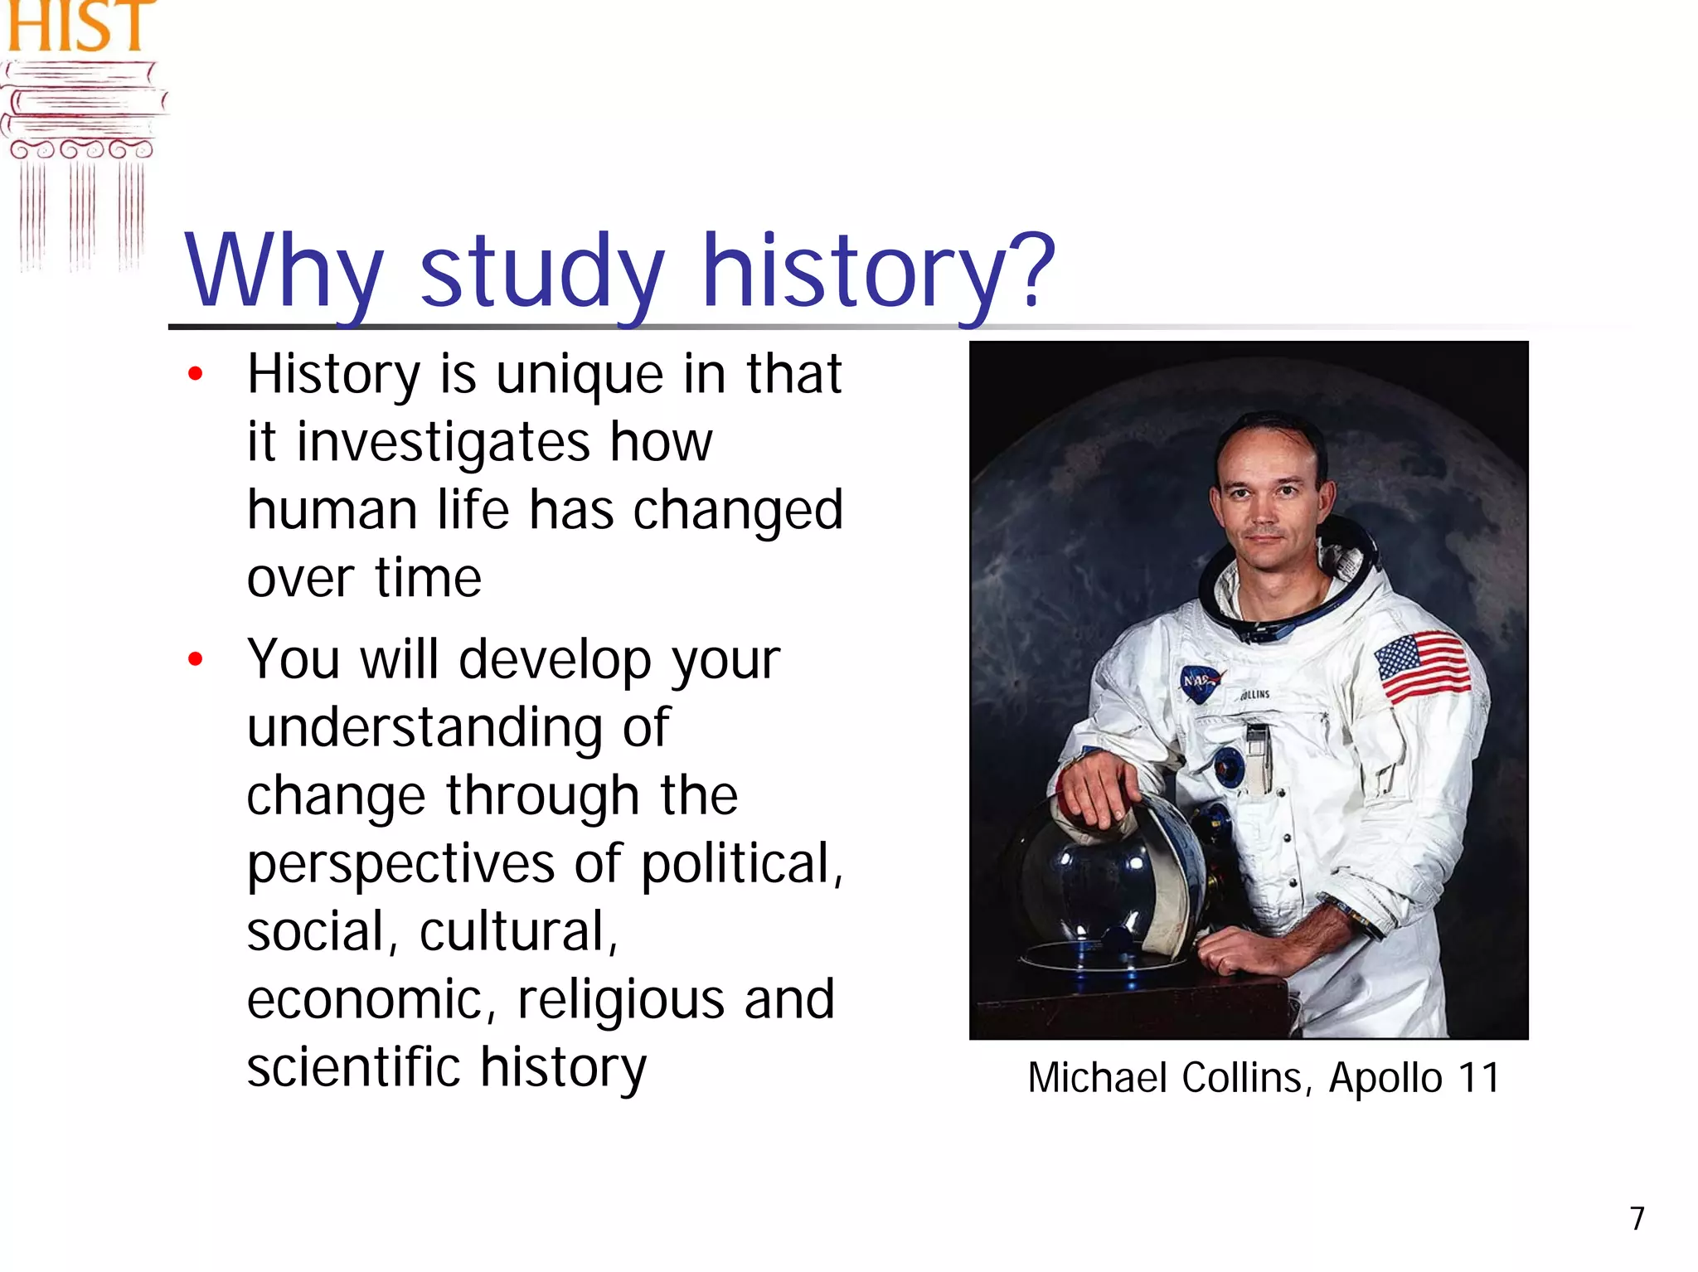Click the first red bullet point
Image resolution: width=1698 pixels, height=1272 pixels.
click(x=196, y=374)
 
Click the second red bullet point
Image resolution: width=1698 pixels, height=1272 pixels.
click(x=196, y=660)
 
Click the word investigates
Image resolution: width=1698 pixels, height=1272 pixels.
click(x=443, y=442)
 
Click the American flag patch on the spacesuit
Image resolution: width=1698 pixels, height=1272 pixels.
click(x=1421, y=667)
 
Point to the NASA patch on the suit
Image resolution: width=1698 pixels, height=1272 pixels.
click(x=1200, y=681)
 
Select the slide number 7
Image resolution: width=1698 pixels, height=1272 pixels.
click(x=1637, y=1218)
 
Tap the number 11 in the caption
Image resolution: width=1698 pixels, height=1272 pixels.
click(x=1479, y=1078)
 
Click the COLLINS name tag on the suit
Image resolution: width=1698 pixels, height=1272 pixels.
click(x=1254, y=695)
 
